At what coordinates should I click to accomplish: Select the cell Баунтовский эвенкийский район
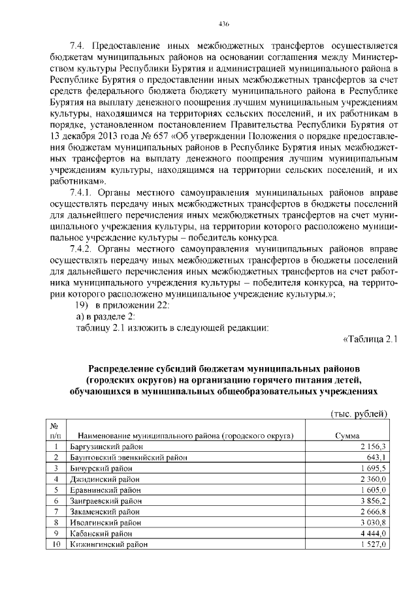tap(129, 457)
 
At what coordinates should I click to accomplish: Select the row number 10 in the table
tap(56, 543)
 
